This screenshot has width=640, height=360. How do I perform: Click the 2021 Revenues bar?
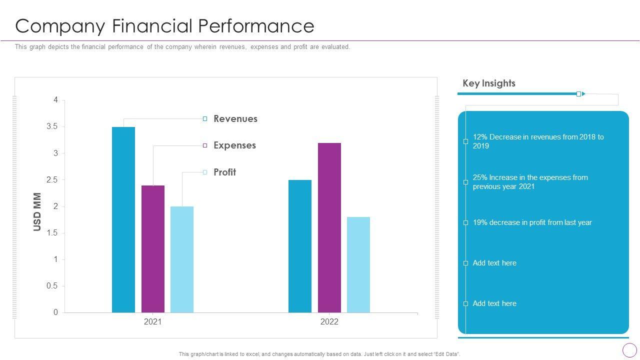tap(123, 220)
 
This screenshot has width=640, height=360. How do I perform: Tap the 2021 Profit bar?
tap(182, 259)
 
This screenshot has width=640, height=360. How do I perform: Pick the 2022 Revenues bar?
tap(300, 246)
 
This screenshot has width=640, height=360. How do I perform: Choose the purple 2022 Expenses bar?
tap(329, 227)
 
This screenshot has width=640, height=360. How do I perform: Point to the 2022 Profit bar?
tap(358, 264)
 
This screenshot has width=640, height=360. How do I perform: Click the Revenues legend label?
tap(235, 119)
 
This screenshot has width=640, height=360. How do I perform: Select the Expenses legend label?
tap(234, 145)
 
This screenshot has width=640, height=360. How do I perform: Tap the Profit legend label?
tap(224, 172)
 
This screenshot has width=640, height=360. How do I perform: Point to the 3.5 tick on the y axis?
tap(52, 127)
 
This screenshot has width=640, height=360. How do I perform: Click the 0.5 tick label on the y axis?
tap(52, 286)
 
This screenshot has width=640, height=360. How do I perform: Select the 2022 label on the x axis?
tap(329, 322)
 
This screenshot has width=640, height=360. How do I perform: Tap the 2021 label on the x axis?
tap(153, 322)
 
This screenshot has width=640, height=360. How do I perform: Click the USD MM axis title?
tap(37, 212)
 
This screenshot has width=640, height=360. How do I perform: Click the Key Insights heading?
tap(489, 83)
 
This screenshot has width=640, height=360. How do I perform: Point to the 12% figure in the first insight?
tap(480, 137)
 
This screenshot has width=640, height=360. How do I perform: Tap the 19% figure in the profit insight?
tap(480, 222)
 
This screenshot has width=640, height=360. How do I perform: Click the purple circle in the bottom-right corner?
tap(629, 350)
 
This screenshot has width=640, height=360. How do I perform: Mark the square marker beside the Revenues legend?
tap(205, 119)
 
